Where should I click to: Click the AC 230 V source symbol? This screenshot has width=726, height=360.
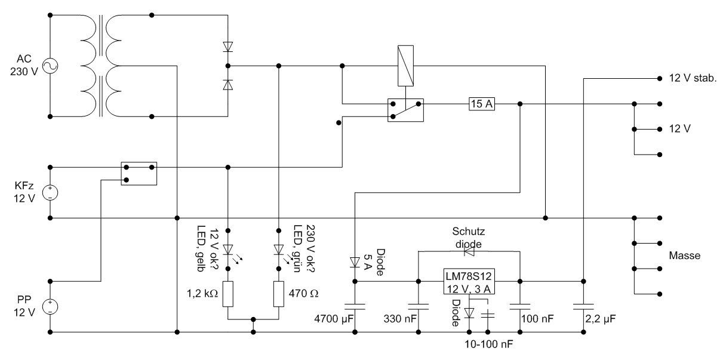(x=50, y=66)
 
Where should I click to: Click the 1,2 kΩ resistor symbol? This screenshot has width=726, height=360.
(x=228, y=294)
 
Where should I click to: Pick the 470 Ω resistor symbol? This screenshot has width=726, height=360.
(x=279, y=294)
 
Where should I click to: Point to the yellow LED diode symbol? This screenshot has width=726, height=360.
(x=228, y=249)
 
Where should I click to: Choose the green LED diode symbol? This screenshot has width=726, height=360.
(x=279, y=249)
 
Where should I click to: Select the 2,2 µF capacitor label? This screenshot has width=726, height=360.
(x=601, y=320)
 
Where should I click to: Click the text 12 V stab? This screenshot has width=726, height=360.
(x=693, y=78)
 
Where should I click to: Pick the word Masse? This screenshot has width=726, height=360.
(x=685, y=256)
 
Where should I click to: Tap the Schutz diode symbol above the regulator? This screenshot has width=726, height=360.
(x=468, y=252)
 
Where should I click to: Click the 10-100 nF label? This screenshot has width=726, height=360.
(x=489, y=345)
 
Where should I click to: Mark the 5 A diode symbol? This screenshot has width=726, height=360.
(x=355, y=261)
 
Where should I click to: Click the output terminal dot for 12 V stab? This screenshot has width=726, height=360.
(x=660, y=78)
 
